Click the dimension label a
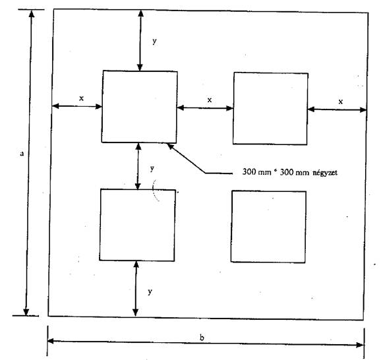pos(22,154)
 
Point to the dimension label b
pos(202,338)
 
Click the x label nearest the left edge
pos(81,98)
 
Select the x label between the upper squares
pos(210,100)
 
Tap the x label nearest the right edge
pos(341,102)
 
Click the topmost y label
pos(154,42)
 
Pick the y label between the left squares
pos(152,168)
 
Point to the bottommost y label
pos(150,291)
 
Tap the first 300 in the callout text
pos(249,172)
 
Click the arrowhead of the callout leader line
pos(171,146)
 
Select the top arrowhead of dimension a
pos(32,14)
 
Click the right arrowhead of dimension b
pos(360,345)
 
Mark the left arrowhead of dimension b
pos(51,341)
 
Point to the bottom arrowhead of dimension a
pos(26,312)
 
